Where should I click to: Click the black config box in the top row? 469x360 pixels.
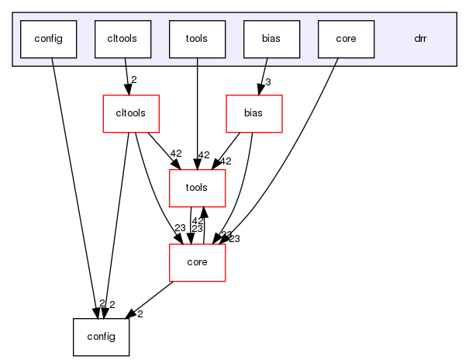pyautogui.click(x=48, y=39)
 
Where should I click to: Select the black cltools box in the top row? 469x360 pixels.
pyautogui.click(x=122, y=39)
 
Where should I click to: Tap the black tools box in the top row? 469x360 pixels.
pyautogui.click(x=198, y=39)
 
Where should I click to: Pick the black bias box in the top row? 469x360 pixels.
pyautogui.click(x=271, y=39)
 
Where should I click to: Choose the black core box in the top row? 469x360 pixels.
pyautogui.click(x=347, y=39)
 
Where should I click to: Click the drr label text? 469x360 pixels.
pyautogui.click(x=420, y=39)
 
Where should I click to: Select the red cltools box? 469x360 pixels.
pyautogui.click(x=132, y=114)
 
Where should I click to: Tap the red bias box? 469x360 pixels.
pyautogui.click(x=253, y=114)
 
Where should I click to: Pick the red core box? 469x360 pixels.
pyautogui.click(x=198, y=262)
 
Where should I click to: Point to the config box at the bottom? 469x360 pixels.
pyautogui.click(x=101, y=337)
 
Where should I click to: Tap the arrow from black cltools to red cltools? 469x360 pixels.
pyautogui.click(x=126, y=76)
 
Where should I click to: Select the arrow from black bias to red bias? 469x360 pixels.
pyautogui.click(x=262, y=76)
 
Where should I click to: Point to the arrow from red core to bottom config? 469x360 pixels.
pyautogui.click(x=152, y=298)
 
